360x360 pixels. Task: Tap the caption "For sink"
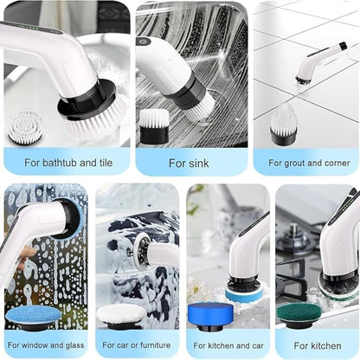(189, 162)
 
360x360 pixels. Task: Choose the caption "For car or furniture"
(136, 344)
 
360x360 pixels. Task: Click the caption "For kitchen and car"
(227, 344)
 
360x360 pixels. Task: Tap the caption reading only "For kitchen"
(317, 344)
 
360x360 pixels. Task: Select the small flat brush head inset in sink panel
(154, 127)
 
